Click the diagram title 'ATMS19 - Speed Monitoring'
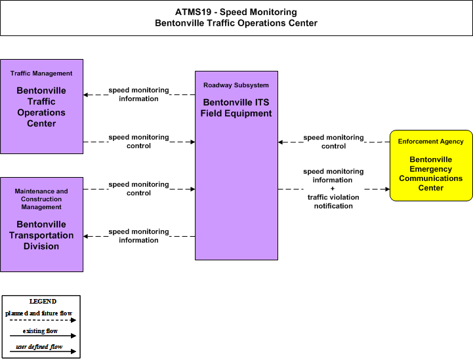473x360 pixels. pos(236,12)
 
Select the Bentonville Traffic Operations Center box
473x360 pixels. pos(41,106)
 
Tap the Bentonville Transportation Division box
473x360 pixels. pos(41,225)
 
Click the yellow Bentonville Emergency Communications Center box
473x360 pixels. pos(431,165)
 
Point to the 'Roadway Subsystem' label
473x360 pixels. pos(236,85)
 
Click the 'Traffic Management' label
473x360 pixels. pos(41,73)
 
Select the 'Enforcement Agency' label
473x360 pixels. pos(431,142)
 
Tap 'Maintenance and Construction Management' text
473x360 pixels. pos(41,199)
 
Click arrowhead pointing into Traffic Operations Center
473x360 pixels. pos(86,94)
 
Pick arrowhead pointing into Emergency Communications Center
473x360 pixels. pos(387,189)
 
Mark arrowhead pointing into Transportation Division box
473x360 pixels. pos(86,236)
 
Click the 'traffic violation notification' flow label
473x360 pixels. pos(333,201)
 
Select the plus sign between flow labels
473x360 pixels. pos(333,189)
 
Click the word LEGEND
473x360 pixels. pos(43,301)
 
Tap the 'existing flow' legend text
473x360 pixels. pos(40,330)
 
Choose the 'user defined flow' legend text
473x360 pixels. pos(39,347)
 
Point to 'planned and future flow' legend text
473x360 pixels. pos(39,313)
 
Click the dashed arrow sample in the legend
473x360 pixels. pos(43,320)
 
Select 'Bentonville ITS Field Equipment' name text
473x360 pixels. pos(236,108)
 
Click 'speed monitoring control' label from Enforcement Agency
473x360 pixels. pos(333,142)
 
